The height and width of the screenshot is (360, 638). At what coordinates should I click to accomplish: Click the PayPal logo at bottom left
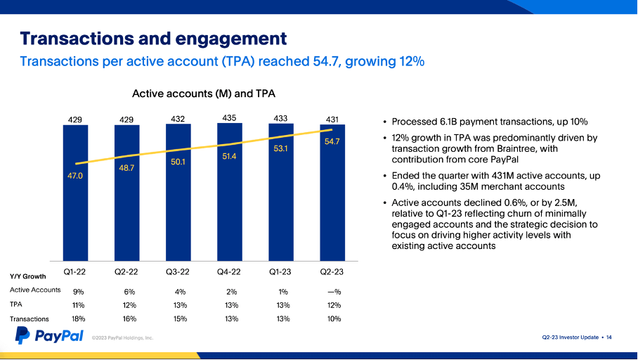tap(49, 336)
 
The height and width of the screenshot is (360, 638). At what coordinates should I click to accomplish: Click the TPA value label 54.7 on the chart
tap(332, 141)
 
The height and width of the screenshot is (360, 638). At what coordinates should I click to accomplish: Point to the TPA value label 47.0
tap(75, 176)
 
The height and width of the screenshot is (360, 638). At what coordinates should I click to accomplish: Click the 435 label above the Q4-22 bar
tap(229, 117)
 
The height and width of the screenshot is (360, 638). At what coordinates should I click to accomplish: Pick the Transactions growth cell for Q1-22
tap(78, 319)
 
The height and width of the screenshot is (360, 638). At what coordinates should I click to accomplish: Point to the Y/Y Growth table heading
tap(28, 276)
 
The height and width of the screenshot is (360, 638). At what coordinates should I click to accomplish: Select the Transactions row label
tap(30, 319)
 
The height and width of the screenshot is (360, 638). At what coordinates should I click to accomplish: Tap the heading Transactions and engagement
tap(153, 38)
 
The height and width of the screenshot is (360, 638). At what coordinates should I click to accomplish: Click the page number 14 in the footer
tap(609, 337)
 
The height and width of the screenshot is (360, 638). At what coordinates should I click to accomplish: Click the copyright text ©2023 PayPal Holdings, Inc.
tap(122, 338)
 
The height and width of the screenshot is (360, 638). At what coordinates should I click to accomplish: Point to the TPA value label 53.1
tap(282, 148)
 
